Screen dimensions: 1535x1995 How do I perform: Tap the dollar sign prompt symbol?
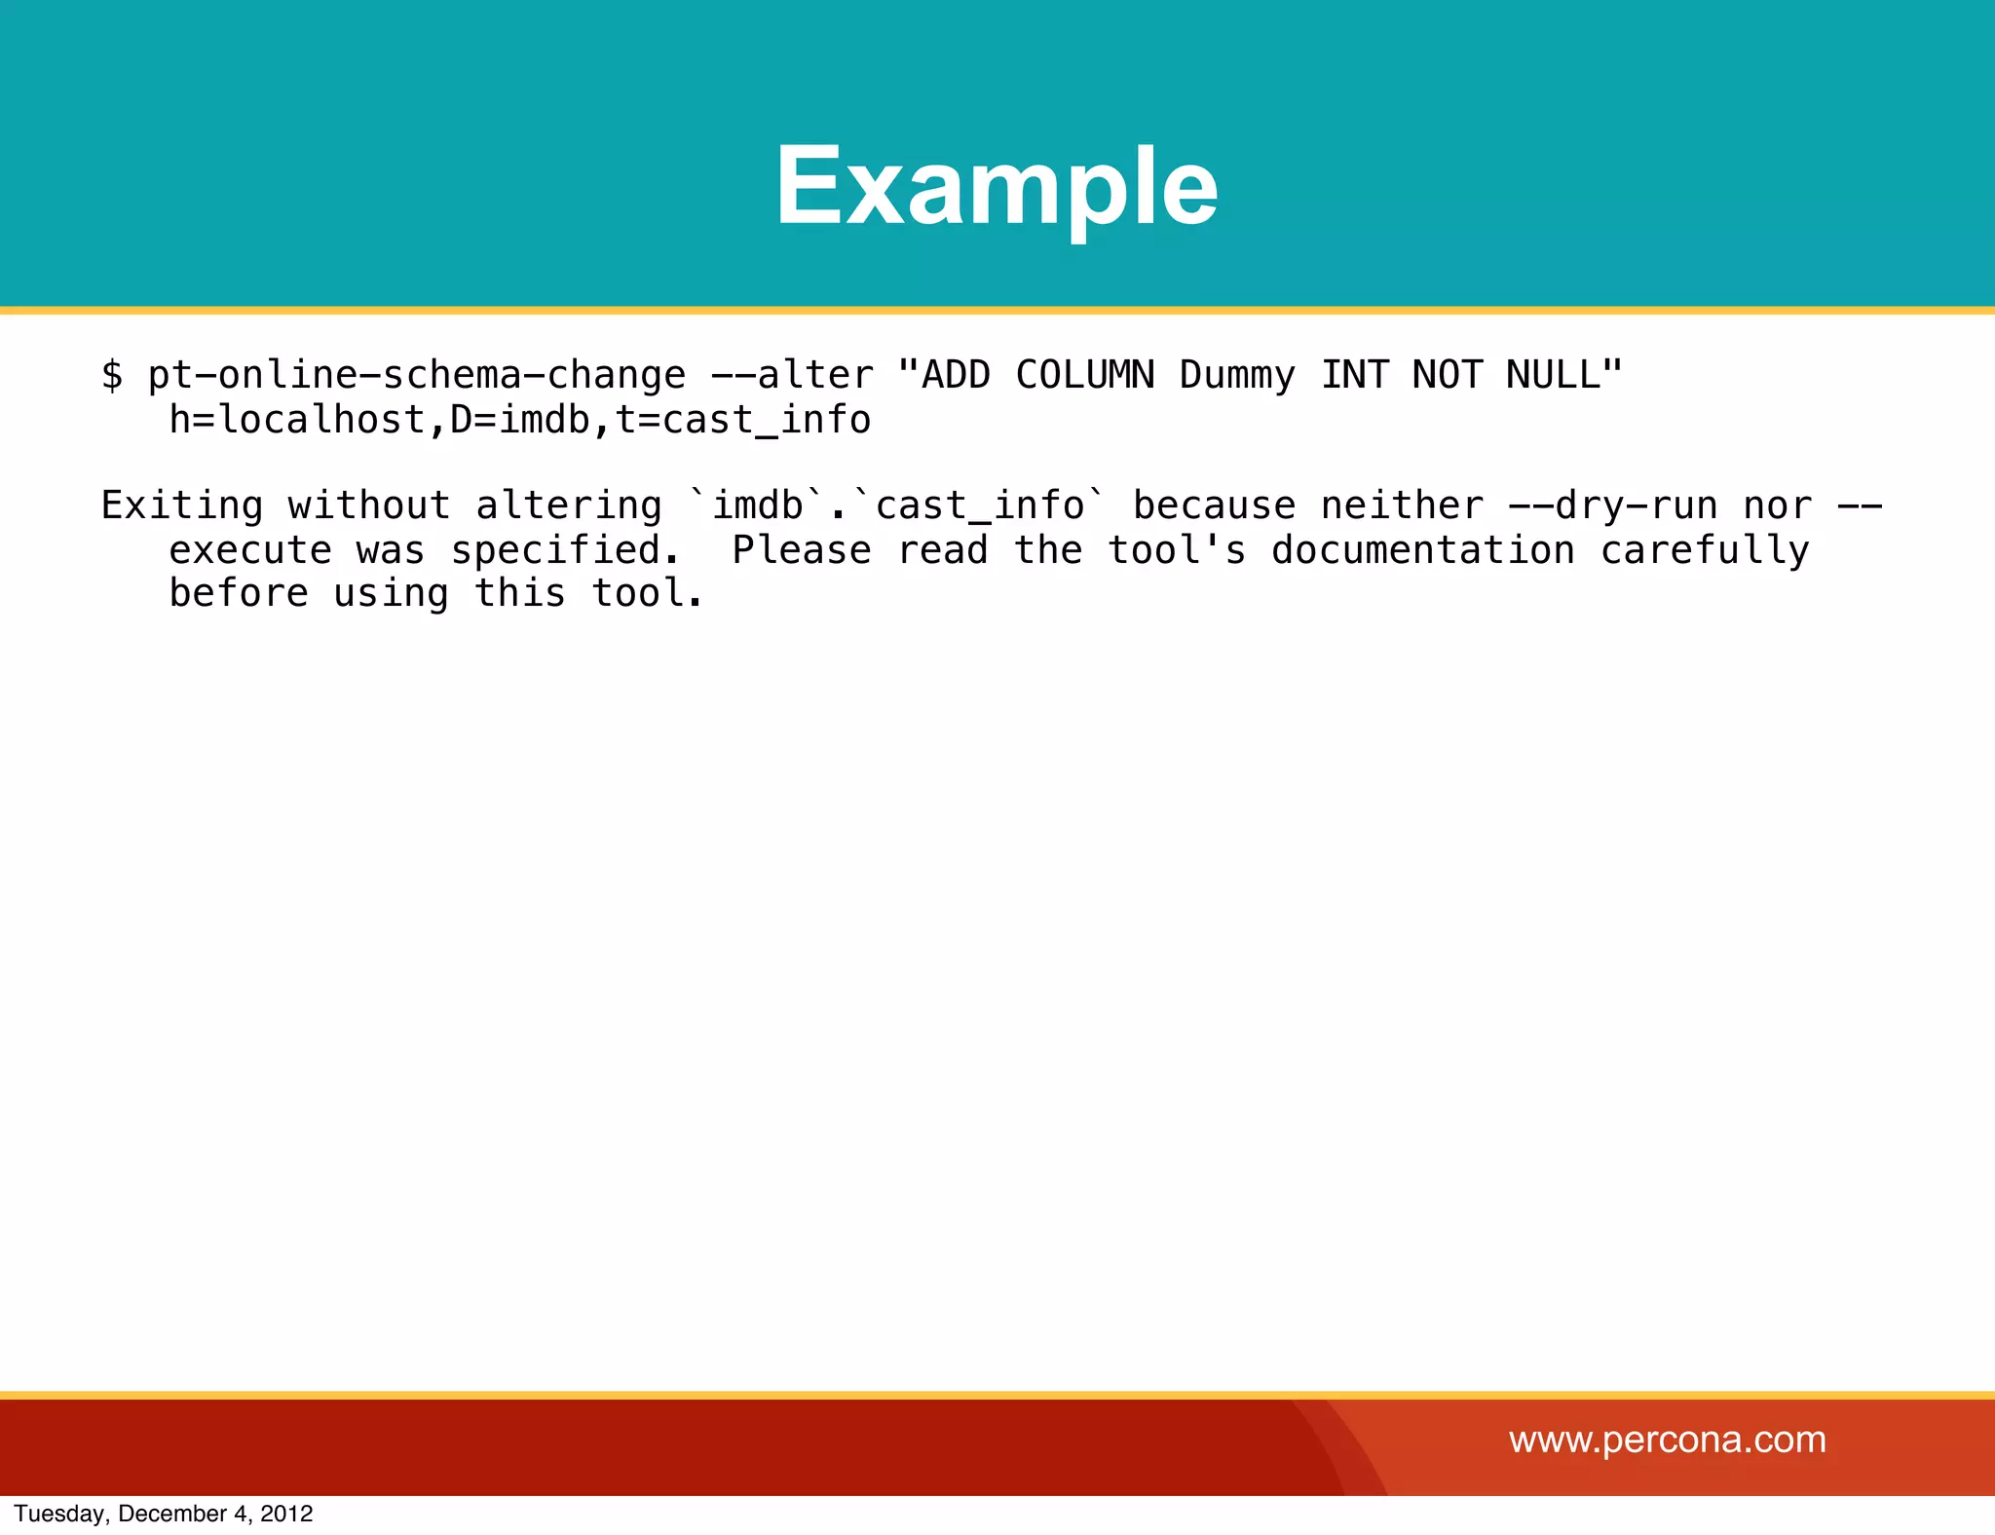tap(112, 375)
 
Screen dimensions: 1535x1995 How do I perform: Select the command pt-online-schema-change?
tap(417, 375)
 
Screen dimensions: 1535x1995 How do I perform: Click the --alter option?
tap(792, 375)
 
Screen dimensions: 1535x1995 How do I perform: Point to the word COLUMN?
tap(1084, 375)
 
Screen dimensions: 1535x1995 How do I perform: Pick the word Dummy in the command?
tap(1237, 375)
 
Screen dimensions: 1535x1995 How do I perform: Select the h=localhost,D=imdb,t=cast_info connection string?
tap(519, 420)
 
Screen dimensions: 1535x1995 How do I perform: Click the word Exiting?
tap(182, 505)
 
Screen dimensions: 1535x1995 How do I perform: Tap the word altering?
tap(569, 505)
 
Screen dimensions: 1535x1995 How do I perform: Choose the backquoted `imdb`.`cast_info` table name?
tap(897, 505)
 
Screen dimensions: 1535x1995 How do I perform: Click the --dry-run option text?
tap(1612, 505)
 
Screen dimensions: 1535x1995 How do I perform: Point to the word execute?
tap(250, 550)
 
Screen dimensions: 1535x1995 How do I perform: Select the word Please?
tap(802, 550)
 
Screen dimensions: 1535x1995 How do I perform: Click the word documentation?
tap(1423, 550)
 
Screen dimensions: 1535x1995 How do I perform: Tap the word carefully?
tap(1705, 550)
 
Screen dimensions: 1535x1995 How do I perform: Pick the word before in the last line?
tap(239, 593)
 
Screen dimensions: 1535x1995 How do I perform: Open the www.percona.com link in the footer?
tap(1667, 1440)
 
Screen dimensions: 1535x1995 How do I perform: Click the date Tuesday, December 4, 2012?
tap(164, 1514)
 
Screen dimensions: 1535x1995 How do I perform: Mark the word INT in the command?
tap(1354, 375)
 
